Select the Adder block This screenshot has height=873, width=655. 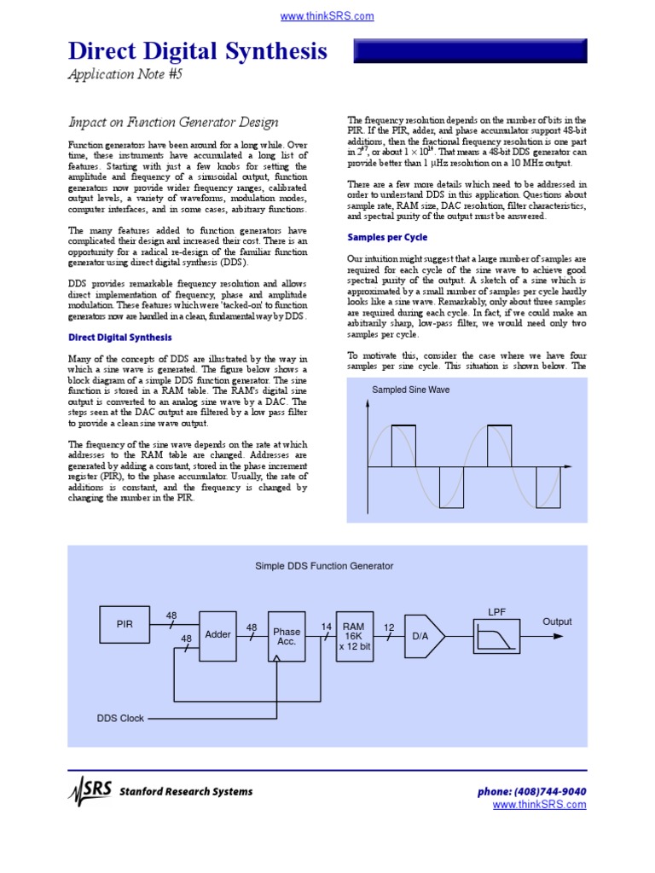[218, 635]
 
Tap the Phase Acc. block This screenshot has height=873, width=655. [287, 636]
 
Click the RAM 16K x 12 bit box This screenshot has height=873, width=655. [354, 635]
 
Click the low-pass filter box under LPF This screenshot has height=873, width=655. [496, 635]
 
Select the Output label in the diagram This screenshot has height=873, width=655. [557, 622]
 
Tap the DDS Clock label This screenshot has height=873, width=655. [120, 719]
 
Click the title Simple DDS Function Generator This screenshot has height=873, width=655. [324, 565]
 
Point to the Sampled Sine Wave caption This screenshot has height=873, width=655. [410, 390]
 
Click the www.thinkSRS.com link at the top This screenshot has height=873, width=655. [327, 16]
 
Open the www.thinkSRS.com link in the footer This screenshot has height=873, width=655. [540, 804]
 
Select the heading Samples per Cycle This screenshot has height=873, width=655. [387, 237]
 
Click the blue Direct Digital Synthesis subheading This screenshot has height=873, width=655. [119, 338]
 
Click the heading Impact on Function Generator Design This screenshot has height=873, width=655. [172, 121]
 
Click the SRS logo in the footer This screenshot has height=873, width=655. [90, 791]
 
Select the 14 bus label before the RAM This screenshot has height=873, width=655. [326, 627]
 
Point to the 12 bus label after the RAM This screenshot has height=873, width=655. [389, 627]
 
